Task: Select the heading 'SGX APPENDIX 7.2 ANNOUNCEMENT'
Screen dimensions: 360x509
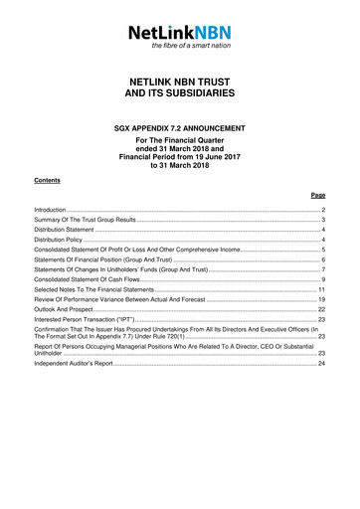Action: (x=180, y=128)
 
